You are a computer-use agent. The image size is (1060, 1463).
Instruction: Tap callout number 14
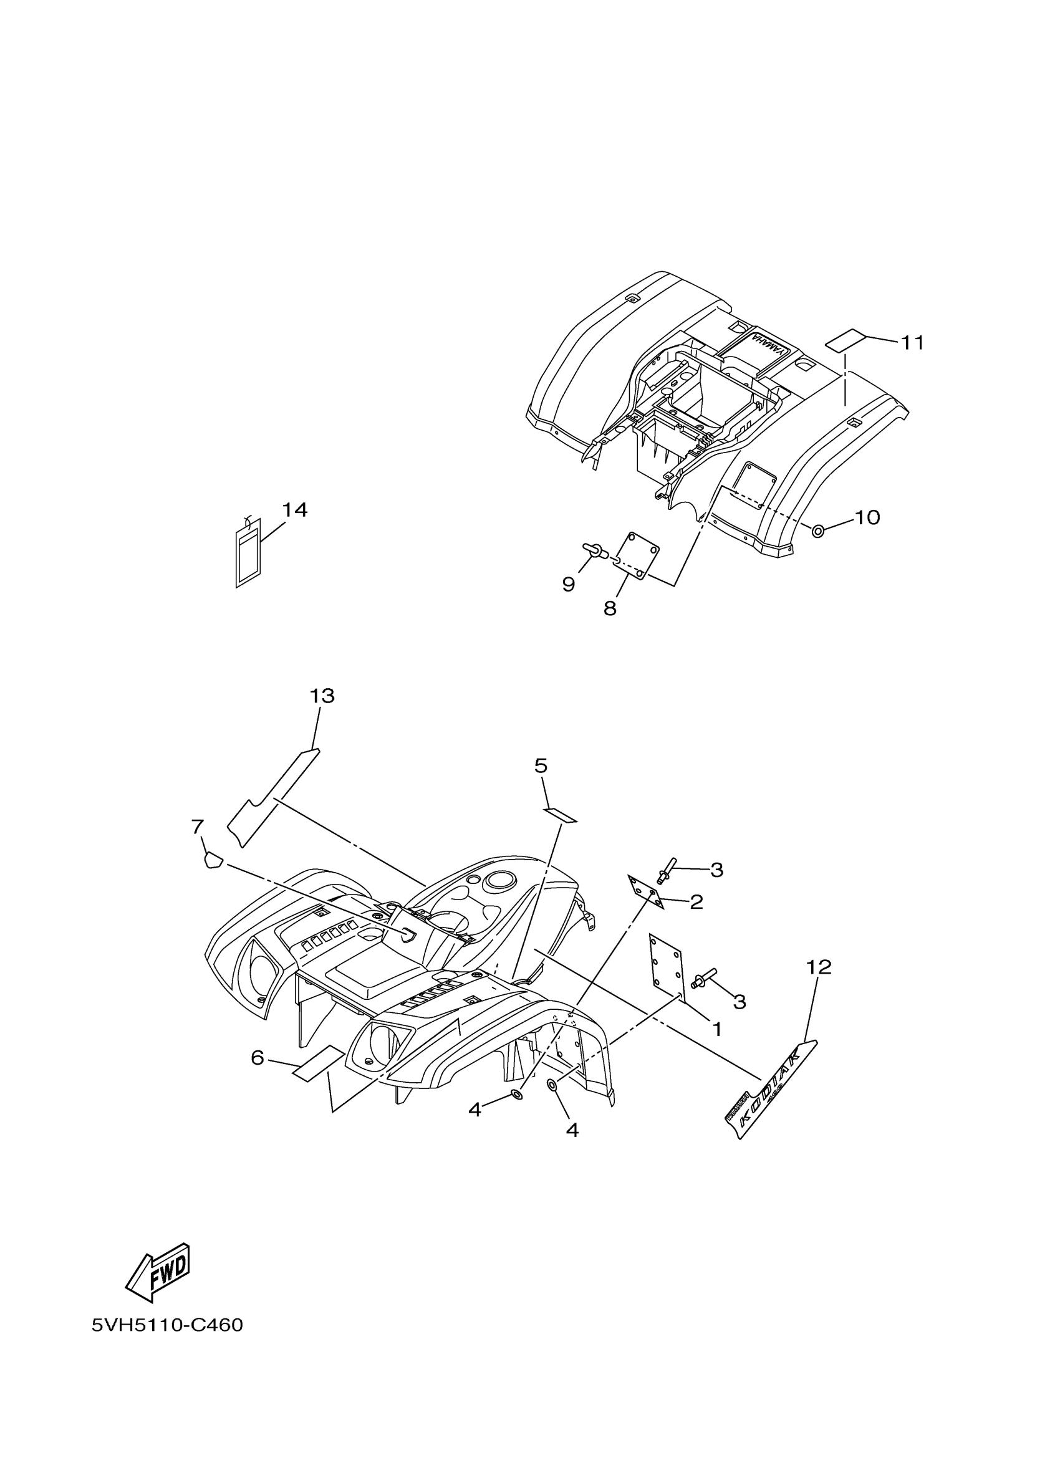(294, 510)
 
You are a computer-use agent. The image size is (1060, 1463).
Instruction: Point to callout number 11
(912, 342)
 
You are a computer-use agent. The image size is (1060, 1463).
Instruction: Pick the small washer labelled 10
(817, 532)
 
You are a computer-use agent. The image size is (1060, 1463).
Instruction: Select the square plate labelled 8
(635, 555)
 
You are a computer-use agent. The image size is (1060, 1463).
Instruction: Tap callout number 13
(322, 696)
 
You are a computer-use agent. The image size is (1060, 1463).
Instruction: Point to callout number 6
(258, 1058)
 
